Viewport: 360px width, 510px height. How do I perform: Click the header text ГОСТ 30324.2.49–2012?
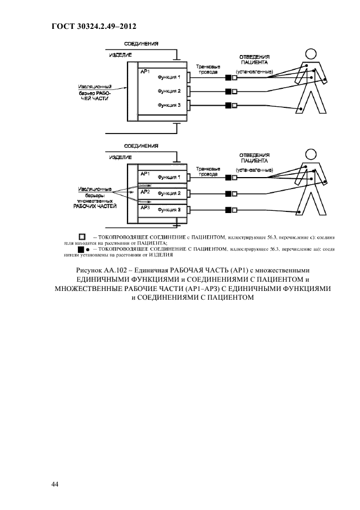click(x=93, y=26)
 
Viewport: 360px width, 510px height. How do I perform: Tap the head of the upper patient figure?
click(x=311, y=53)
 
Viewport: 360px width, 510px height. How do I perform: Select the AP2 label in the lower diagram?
click(x=145, y=192)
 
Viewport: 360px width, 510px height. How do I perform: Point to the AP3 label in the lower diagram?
click(x=145, y=208)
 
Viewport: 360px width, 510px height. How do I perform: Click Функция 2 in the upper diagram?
click(x=169, y=91)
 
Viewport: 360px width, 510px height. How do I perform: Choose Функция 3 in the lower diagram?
click(x=169, y=209)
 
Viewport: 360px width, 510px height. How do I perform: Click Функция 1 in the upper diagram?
click(x=169, y=77)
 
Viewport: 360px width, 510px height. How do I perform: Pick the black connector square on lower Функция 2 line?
click(x=227, y=193)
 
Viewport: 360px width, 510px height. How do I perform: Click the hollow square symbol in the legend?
click(x=82, y=236)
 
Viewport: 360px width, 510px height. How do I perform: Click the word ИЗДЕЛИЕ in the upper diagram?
click(x=120, y=55)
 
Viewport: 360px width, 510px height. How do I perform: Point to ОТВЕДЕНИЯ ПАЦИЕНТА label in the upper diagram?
click(x=254, y=59)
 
